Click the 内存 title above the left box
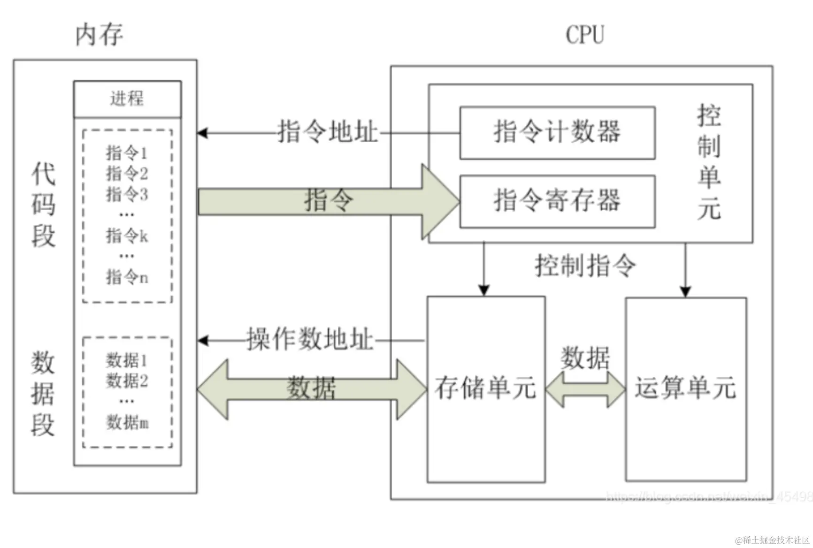tap(99, 35)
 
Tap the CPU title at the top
tap(584, 35)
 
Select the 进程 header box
tap(127, 99)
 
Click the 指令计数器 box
tap(557, 132)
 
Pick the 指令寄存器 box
tap(557, 201)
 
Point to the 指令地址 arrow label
tap(328, 131)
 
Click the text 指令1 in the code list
tap(127, 152)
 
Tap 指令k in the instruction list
tap(127, 236)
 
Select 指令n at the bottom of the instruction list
tap(127, 277)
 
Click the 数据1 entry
tap(127, 360)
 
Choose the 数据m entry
tap(127, 422)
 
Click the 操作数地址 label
tap(310, 339)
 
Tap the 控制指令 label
tap(585, 266)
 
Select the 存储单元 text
tap(485, 388)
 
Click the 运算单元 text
tap(685, 388)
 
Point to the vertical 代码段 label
tap(43, 205)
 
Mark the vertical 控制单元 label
tap(709, 162)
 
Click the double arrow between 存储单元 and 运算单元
tap(585, 389)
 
